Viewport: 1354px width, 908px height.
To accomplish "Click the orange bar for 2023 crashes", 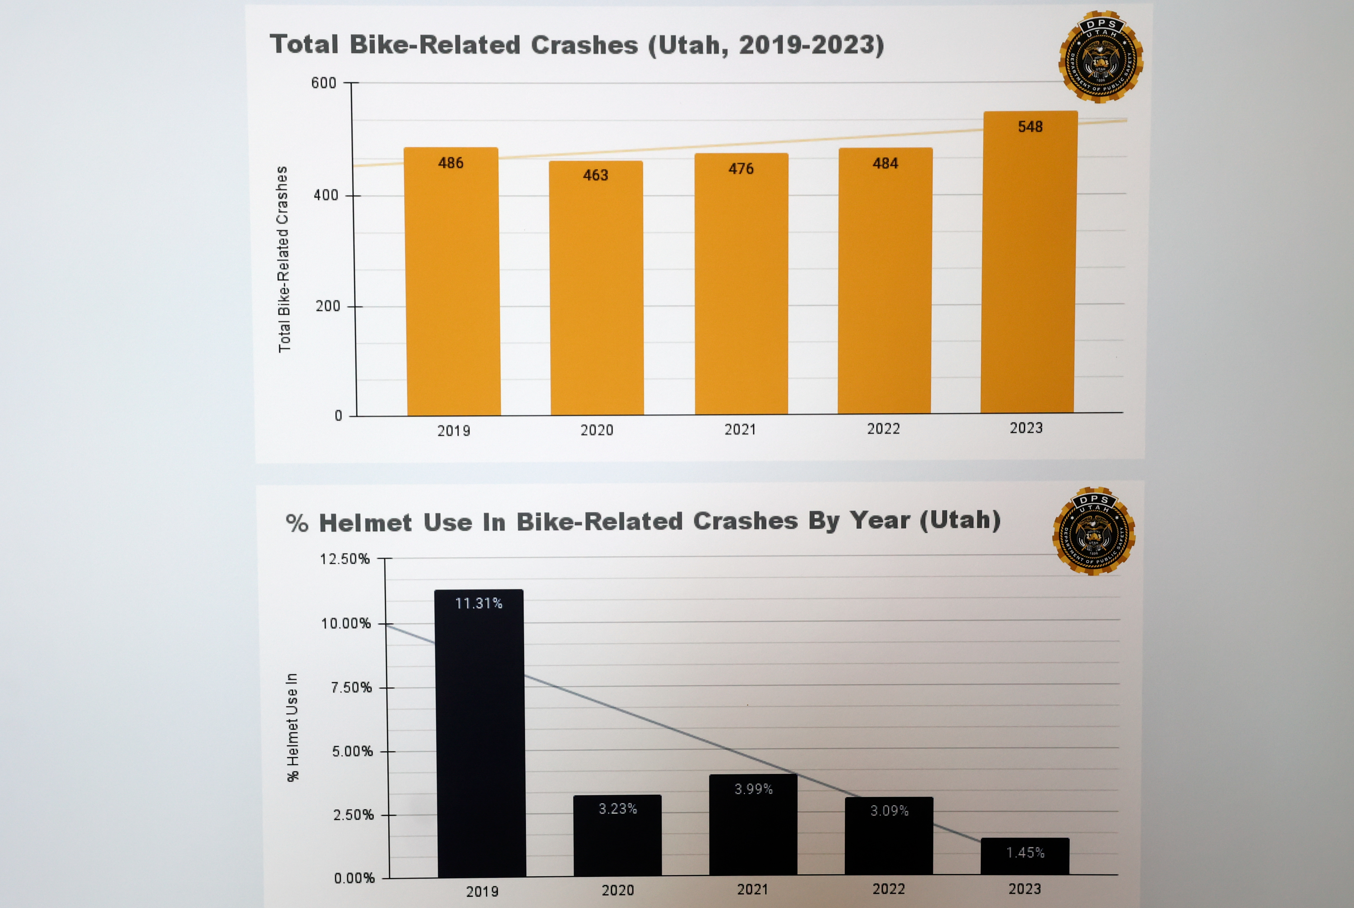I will [x=1028, y=266].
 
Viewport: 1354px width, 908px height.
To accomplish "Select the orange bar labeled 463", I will [x=597, y=290].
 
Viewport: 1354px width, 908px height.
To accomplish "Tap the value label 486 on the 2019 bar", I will [x=450, y=163].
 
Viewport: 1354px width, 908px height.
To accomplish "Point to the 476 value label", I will [x=741, y=168].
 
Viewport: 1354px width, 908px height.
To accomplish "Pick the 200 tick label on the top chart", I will [x=328, y=306].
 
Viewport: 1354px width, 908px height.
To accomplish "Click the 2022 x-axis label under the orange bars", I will [x=883, y=429].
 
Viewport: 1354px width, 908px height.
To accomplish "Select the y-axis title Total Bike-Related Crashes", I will [x=283, y=259].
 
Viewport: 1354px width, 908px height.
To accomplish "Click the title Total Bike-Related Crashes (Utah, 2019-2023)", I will [x=577, y=45].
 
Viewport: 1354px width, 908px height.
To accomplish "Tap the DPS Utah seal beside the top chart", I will [x=1100, y=57].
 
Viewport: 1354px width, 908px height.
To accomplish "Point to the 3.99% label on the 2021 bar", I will [x=753, y=789].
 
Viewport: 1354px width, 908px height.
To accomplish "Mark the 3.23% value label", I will [x=617, y=808].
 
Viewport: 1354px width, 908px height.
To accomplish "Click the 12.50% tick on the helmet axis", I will [x=344, y=559].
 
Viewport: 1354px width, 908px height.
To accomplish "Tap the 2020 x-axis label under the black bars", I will [x=617, y=890].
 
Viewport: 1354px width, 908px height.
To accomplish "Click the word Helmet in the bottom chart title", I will [x=366, y=523].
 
